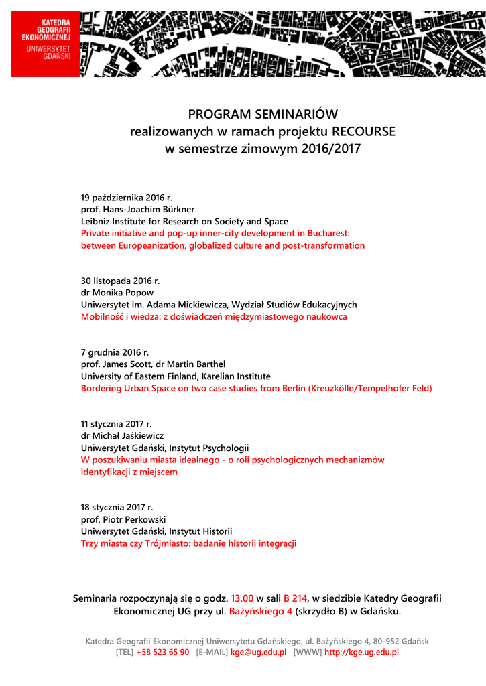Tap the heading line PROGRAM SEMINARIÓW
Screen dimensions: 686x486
click(263, 114)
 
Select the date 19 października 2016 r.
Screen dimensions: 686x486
click(127, 198)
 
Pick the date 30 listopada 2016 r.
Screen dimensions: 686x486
click(121, 281)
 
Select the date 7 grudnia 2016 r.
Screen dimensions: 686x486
click(115, 352)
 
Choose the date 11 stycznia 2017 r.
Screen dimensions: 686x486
click(117, 424)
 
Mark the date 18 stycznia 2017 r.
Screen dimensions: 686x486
click(117, 507)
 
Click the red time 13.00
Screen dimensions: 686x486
click(242, 598)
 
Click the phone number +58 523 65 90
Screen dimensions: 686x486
click(163, 652)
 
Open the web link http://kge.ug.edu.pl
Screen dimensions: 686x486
click(361, 652)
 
